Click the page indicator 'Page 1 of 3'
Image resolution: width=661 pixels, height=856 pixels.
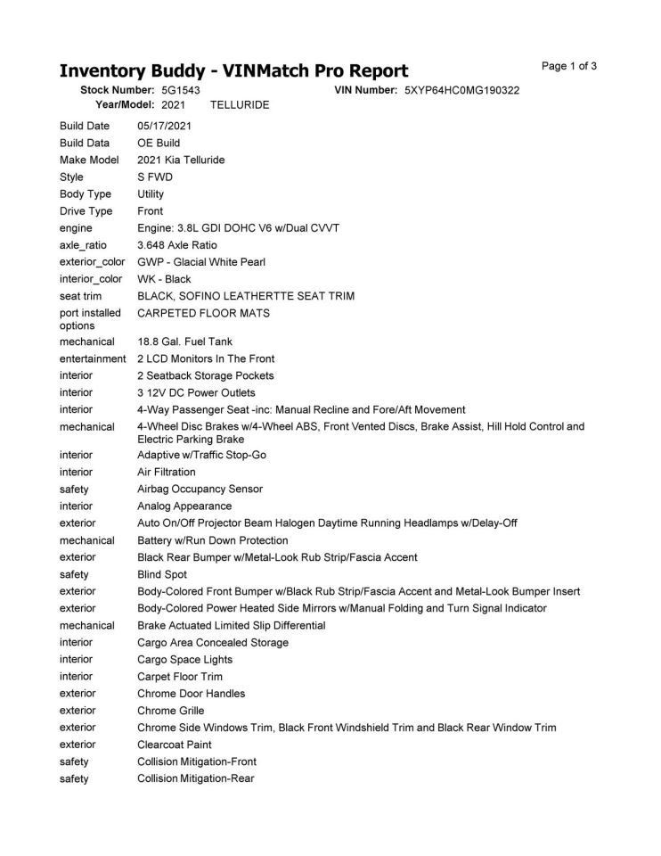point(569,66)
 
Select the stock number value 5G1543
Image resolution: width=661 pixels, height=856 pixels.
point(181,91)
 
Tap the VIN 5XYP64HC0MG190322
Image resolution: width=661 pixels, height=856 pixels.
point(461,91)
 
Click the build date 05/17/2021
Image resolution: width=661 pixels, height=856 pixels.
point(164,126)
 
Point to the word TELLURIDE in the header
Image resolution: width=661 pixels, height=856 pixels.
point(240,104)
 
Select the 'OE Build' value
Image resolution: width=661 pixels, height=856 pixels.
point(159,143)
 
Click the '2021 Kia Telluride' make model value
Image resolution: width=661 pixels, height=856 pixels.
point(181,160)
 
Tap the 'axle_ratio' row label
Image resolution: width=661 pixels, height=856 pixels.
point(85,245)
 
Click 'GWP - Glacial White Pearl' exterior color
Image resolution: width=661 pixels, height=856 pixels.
point(201,262)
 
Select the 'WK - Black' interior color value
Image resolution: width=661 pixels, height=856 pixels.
point(164,279)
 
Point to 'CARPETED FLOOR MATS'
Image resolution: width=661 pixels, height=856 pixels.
point(203,313)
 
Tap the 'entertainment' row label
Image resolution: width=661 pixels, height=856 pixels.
point(93,358)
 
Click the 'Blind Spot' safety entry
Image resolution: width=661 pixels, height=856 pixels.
point(162,574)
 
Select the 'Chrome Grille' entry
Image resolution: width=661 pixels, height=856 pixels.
point(170,711)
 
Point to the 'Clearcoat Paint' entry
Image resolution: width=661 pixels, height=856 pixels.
point(175,745)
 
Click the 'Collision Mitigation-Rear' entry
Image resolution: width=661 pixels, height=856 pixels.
point(196,778)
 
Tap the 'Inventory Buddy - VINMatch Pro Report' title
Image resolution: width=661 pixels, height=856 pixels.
point(233,71)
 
